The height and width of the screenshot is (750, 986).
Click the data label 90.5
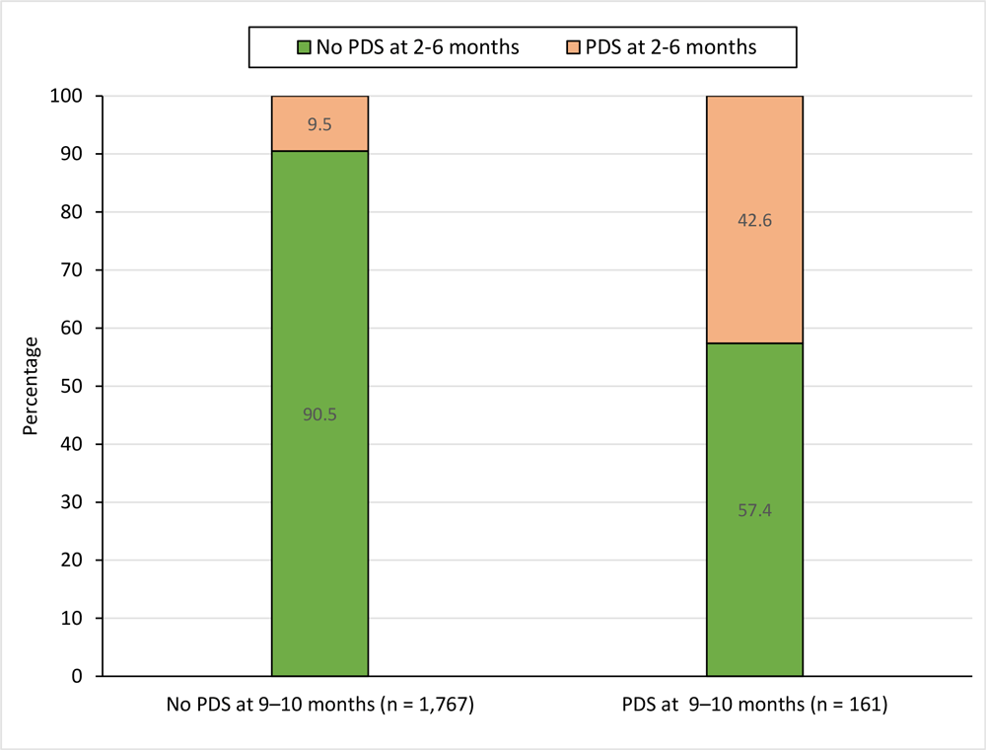tap(319, 414)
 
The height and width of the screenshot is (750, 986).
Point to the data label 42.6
tap(754, 221)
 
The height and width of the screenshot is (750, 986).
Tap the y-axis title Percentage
tap(32, 386)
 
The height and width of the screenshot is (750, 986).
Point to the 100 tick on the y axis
tap(75, 97)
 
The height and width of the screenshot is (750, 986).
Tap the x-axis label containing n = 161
tap(754, 707)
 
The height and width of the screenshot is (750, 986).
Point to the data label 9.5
tap(319, 125)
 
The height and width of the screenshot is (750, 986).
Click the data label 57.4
tap(754, 511)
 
